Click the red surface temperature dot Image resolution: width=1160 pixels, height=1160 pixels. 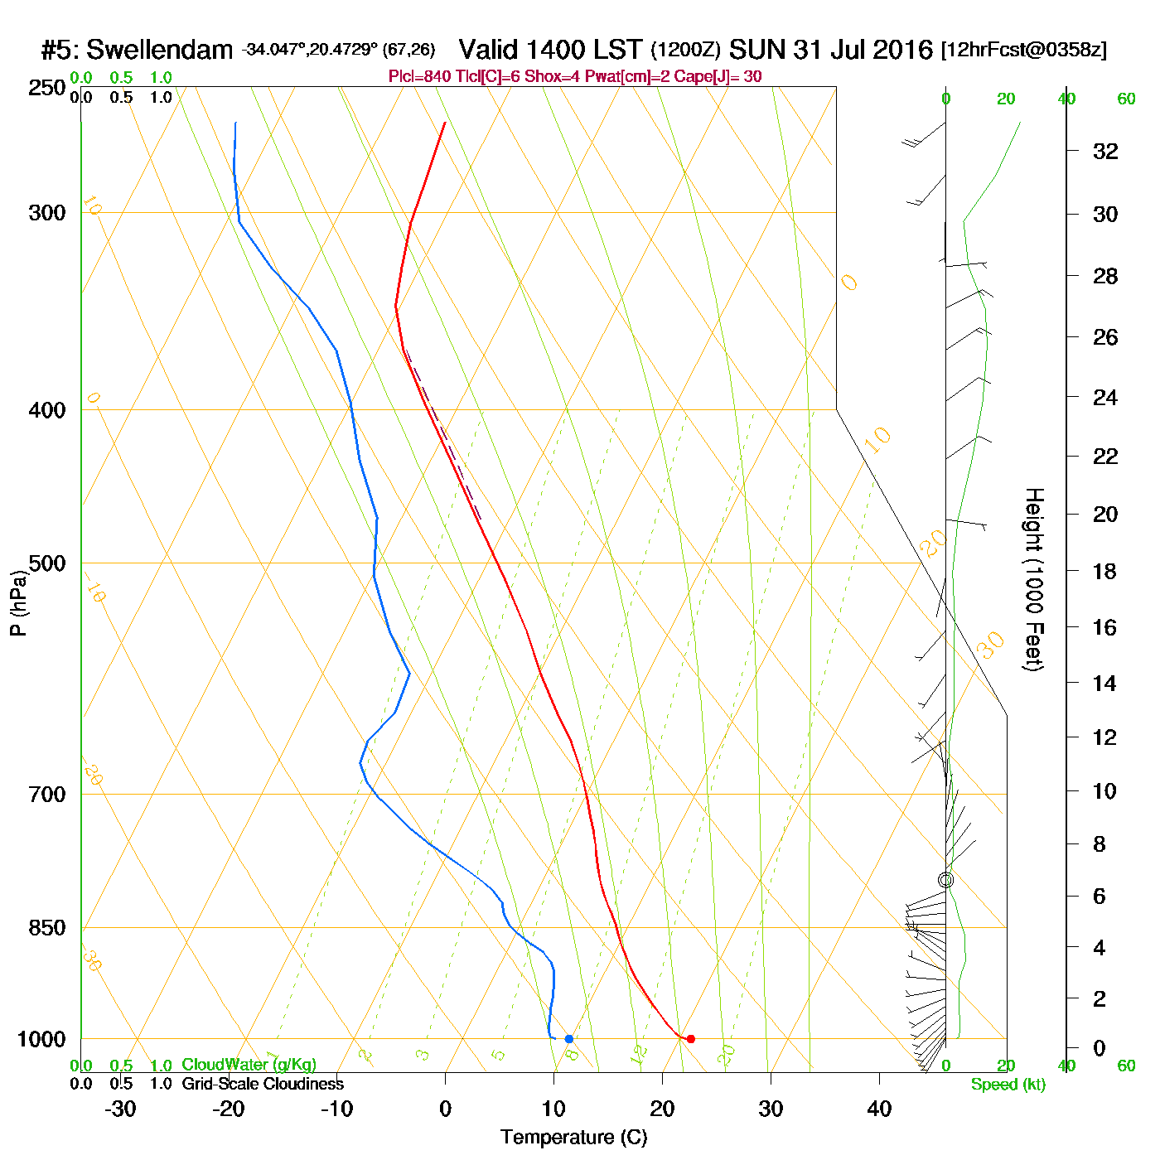(691, 1039)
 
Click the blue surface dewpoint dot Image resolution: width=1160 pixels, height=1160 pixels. (568, 1039)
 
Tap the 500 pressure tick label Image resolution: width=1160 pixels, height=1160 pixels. (47, 563)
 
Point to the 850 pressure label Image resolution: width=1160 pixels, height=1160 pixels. (47, 928)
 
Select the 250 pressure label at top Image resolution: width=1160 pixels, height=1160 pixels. (47, 88)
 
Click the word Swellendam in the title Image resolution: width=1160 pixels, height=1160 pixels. (159, 50)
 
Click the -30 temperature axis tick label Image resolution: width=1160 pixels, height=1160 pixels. (120, 1109)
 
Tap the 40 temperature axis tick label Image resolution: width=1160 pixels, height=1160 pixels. (879, 1109)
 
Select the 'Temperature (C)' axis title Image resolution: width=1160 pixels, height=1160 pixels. (573, 1138)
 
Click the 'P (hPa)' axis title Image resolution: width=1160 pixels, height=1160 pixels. (18, 602)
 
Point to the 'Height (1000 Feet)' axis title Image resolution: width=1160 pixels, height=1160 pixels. (1033, 579)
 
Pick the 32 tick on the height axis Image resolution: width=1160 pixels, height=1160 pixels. (1105, 152)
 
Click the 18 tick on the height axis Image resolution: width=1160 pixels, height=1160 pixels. (1105, 572)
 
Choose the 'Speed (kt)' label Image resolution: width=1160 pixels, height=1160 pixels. (1008, 1085)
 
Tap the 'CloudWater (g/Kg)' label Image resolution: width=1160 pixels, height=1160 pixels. (249, 1065)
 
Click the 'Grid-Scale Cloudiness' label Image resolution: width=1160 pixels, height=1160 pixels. (263, 1084)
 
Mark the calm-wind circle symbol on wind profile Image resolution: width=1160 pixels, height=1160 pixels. (945, 880)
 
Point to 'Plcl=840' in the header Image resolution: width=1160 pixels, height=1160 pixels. (419, 77)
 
